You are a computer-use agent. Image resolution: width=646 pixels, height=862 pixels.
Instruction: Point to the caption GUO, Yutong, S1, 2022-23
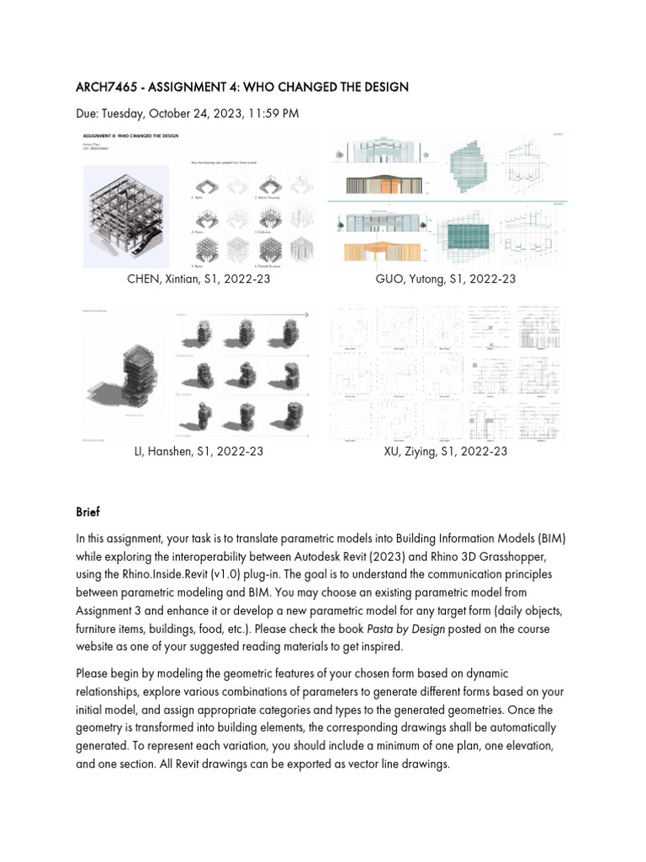click(446, 279)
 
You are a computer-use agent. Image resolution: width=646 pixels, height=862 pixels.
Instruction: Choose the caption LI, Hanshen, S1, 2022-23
click(199, 451)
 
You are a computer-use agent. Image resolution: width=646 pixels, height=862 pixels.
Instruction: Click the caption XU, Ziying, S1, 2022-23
click(446, 451)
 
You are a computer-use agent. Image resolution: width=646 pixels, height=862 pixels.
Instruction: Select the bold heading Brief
click(87, 512)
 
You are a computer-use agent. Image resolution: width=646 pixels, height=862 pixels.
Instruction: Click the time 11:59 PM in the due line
click(270, 114)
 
